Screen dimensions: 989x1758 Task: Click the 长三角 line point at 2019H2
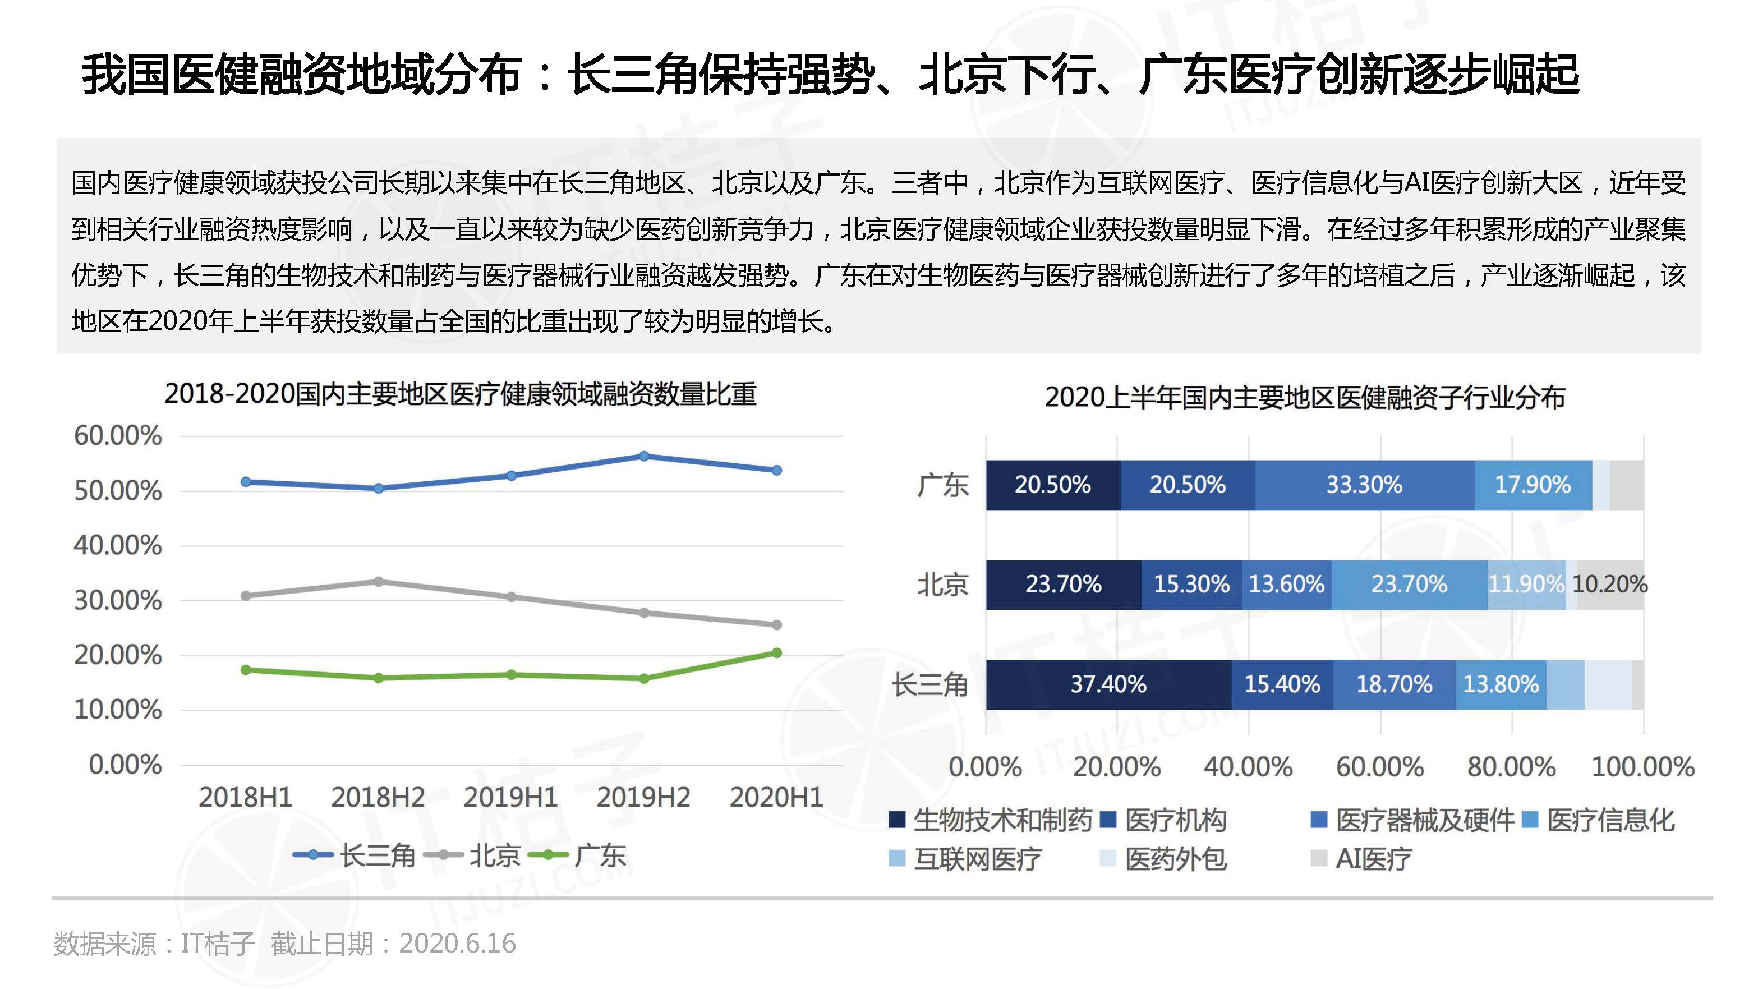click(x=643, y=456)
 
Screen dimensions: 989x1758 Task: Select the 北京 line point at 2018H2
click(x=379, y=582)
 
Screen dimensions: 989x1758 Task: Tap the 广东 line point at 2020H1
click(x=777, y=653)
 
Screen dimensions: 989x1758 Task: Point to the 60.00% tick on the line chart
click(x=118, y=436)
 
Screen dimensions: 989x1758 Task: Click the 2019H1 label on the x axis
click(x=510, y=797)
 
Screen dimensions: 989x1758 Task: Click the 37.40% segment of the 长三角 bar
click(x=1108, y=684)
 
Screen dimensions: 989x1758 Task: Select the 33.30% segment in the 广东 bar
click(x=1364, y=485)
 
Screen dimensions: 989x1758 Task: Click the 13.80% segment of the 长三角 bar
click(x=1501, y=684)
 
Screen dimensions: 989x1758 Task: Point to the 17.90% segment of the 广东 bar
click(x=1533, y=485)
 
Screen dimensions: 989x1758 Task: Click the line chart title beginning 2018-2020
click(x=461, y=394)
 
